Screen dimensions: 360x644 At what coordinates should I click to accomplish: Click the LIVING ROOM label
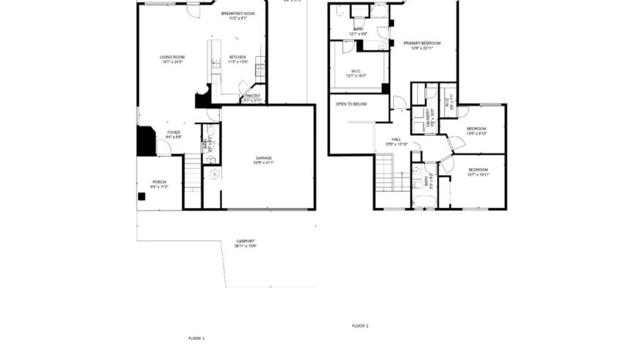[172, 59]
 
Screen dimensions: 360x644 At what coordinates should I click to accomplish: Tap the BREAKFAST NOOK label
[238, 15]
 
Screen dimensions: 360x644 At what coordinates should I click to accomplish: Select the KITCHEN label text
[238, 59]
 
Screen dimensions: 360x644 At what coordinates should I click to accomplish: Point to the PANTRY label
[252, 97]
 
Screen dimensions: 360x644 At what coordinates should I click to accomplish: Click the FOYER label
[174, 134]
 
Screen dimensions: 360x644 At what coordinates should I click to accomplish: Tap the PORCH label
[159, 183]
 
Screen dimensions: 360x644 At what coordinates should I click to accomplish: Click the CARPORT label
[245, 243]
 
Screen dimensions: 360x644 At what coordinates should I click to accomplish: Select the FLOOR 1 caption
[197, 338]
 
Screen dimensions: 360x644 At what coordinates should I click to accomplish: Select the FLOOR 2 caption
[360, 326]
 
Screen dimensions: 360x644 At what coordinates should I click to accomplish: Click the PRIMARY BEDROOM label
[421, 45]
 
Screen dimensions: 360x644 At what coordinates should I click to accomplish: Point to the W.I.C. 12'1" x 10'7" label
[355, 73]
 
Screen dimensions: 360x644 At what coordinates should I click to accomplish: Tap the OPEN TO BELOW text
[351, 103]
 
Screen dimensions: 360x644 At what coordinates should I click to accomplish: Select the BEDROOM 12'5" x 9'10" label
[476, 130]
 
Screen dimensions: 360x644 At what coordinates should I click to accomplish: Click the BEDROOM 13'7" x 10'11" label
[478, 171]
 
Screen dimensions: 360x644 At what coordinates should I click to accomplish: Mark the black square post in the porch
[142, 197]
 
